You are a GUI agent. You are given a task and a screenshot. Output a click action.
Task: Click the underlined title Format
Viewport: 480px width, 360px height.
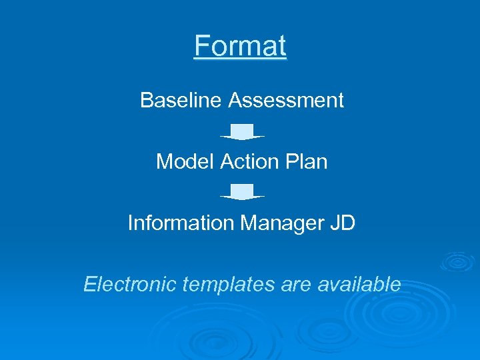click(240, 47)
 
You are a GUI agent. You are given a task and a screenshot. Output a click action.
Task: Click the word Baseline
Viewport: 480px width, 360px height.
click(181, 101)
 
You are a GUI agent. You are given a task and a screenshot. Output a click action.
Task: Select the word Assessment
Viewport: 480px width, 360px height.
click(286, 101)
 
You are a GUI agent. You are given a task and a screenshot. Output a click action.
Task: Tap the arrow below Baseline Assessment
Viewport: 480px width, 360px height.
click(242, 131)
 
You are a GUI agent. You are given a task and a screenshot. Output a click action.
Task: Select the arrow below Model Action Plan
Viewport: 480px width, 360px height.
click(242, 192)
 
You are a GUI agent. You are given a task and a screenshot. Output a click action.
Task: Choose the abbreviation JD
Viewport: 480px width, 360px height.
click(343, 223)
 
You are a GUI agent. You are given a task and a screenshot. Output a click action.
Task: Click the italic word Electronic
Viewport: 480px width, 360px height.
click(131, 285)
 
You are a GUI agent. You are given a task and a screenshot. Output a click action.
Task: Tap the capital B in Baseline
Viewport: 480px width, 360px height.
click(146, 101)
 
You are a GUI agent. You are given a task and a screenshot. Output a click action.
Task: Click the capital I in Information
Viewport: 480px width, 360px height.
click(131, 223)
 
